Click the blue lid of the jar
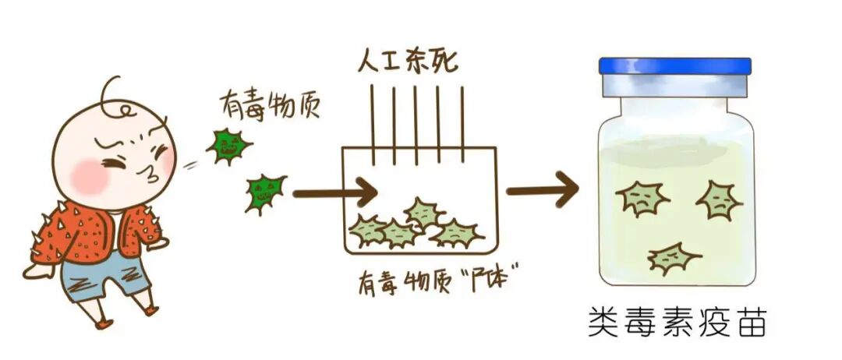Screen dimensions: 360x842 (x=674, y=66)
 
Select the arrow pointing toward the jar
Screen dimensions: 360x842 (x=542, y=189)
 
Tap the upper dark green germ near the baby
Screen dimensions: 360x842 (x=228, y=145)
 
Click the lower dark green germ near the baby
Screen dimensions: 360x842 (x=264, y=192)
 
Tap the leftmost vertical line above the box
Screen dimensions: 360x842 (x=373, y=125)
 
